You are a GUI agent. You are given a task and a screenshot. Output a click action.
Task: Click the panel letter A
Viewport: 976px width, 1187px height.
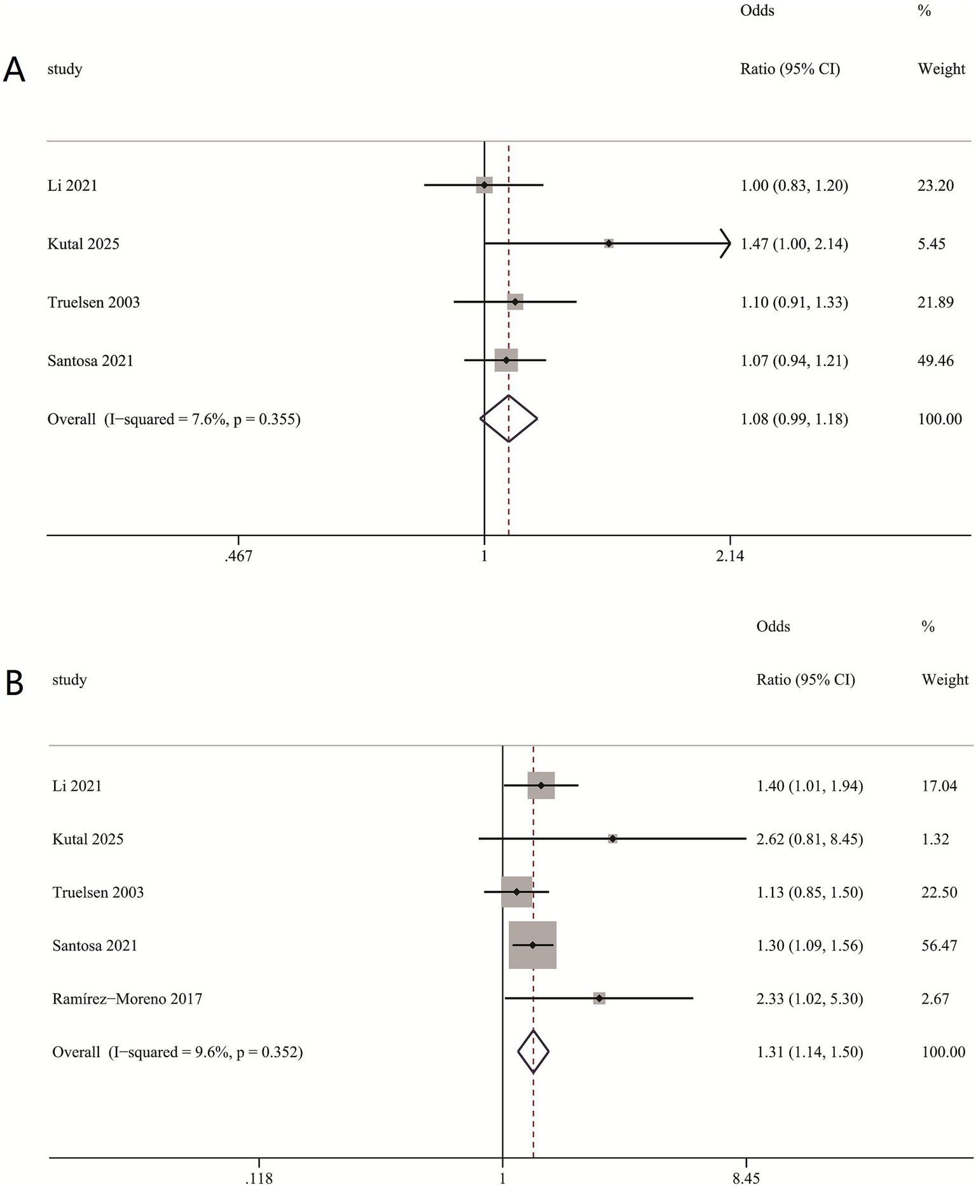(x=14, y=70)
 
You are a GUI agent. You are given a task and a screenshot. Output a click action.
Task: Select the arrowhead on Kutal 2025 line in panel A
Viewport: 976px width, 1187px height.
(x=725, y=244)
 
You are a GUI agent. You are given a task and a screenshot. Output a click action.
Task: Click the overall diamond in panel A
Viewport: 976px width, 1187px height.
(x=509, y=418)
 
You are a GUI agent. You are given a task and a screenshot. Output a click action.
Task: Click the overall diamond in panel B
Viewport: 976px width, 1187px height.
(x=533, y=1052)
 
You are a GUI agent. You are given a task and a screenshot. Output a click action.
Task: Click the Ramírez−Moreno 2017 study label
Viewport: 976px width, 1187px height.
(x=127, y=999)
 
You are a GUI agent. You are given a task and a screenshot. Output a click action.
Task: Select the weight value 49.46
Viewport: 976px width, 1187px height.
(x=935, y=361)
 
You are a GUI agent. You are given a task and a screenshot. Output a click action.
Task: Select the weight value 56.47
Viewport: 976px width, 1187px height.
(x=939, y=945)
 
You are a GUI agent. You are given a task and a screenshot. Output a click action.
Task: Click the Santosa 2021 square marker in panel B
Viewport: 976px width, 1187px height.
(x=533, y=945)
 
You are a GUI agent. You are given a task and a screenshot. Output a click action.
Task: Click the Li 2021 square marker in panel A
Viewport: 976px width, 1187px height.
(x=485, y=185)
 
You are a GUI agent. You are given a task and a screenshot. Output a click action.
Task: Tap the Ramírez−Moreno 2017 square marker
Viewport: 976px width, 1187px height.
(x=599, y=998)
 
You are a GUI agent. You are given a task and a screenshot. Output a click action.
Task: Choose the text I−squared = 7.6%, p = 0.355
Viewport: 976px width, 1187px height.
(x=202, y=420)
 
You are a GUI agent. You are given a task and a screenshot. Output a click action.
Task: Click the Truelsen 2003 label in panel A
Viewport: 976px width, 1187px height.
(x=93, y=303)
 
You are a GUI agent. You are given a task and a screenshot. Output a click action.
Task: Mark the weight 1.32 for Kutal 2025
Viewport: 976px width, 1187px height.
(x=935, y=839)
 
